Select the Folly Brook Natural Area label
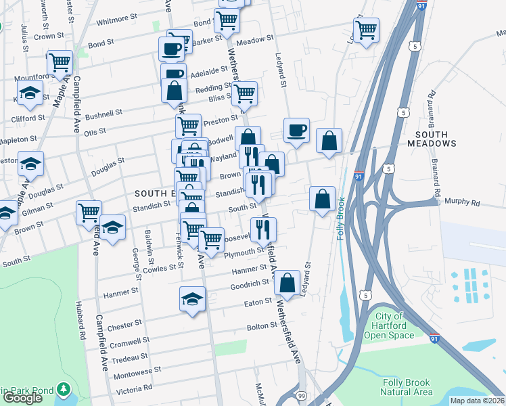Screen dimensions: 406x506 click(x=406, y=387)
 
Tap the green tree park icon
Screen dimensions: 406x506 click(x=64, y=390)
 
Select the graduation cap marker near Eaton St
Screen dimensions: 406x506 click(x=192, y=298)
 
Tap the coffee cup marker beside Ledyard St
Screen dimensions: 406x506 click(x=296, y=130)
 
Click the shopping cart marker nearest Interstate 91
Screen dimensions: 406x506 click(x=366, y=30)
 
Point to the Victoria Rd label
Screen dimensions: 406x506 click(x=133, y=388)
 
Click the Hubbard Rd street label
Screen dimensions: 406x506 click(x=82, y=325)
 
